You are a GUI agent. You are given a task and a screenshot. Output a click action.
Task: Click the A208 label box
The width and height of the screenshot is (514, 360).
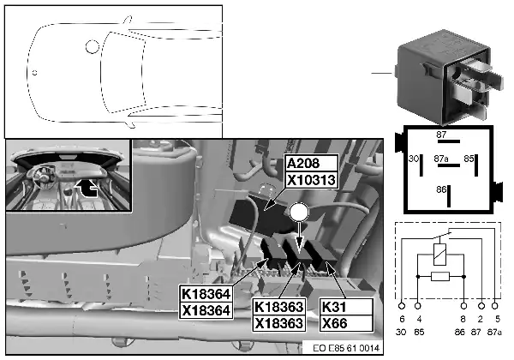[312, 163]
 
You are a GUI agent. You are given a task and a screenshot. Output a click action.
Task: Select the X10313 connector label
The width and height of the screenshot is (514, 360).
[312, 180]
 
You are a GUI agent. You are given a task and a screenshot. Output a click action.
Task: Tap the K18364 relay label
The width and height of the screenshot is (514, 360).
[206, 294]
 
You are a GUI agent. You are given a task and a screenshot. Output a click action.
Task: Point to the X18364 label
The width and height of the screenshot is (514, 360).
[206, 310]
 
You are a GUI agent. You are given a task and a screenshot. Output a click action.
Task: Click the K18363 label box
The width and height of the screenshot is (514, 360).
[278, 307]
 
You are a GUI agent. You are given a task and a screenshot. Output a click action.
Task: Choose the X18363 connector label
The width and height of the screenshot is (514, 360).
[278, 323]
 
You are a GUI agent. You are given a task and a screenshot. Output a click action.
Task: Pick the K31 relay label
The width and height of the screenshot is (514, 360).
[346, 307]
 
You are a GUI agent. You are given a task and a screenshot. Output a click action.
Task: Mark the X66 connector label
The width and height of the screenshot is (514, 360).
[346, 323]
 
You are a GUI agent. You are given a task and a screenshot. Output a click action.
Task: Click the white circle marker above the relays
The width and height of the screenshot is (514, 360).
[299, 213]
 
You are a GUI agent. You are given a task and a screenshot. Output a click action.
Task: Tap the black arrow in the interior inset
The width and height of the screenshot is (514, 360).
[87, 188]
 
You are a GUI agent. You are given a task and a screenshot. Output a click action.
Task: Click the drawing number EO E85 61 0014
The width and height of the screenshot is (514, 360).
[346, 348]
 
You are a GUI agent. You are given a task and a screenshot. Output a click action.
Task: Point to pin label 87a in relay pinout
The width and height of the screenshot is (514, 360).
[441, 159]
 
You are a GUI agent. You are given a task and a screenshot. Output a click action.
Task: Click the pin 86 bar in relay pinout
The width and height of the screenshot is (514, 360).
[449, 196]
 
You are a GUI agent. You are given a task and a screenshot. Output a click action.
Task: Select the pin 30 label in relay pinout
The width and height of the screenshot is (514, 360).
[414, 159]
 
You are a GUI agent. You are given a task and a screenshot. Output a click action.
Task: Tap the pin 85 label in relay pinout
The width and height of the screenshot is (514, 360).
[469, 159]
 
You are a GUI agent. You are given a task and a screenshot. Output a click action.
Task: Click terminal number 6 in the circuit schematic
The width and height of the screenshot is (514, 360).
[402, 319]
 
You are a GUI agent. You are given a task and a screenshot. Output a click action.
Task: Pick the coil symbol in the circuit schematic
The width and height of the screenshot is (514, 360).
[439, 255]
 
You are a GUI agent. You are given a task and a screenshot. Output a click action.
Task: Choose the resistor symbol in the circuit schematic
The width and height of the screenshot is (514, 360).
[440, 277]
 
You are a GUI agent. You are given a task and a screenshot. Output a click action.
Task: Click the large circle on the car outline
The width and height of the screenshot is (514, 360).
[93, 46]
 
